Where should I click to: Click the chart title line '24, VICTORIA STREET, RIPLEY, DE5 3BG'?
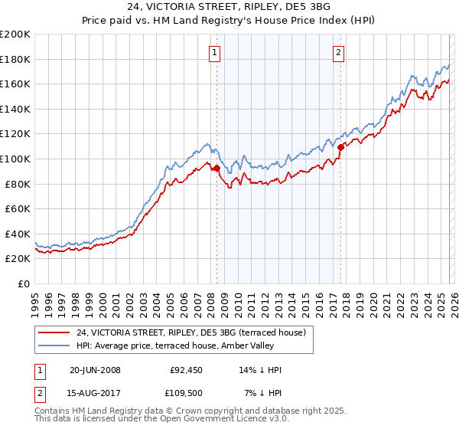229,7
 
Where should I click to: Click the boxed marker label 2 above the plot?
337,53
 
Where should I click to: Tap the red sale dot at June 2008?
216,168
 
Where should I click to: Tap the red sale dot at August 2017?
340,146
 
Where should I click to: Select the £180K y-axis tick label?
15,59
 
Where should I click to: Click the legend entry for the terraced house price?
191,332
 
